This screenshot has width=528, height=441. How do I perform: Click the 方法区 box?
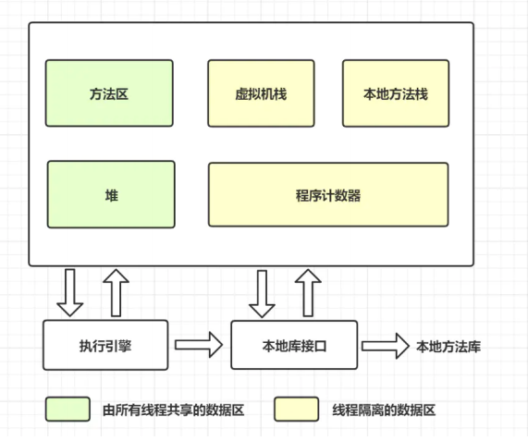coord(109,93)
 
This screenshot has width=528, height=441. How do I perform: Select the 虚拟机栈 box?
coord(261,93)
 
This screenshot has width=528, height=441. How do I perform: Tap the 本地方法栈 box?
coord(396,93)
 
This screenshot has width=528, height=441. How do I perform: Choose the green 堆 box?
coord(111,194)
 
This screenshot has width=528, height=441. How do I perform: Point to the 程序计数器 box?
coord(328,194)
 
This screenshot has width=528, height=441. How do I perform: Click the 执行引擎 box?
coord(105,345)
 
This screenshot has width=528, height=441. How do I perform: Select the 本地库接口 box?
coord(294,345)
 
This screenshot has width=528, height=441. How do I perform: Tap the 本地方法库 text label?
coord(448,347)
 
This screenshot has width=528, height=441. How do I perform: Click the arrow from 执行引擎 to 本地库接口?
coord(199,345)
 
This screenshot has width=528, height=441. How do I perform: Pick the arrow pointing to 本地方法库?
coord(386,346)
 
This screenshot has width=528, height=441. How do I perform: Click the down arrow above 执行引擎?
coord(70,292)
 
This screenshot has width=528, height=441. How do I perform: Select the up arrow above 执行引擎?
coord(116,292)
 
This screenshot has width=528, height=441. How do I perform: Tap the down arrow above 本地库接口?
coord(262,294)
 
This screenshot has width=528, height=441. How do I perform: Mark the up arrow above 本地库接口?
coord(308,292)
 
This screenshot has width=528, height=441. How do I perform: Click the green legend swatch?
coord(68,409)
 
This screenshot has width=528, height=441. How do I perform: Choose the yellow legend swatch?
coord(296,409)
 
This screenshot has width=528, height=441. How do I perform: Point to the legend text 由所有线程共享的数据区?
coord(174,410)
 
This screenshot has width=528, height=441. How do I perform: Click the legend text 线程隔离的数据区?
coord(384,410)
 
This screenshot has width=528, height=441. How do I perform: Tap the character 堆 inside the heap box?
coord(112,195)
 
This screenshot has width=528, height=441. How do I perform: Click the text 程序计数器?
coord(328,195)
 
